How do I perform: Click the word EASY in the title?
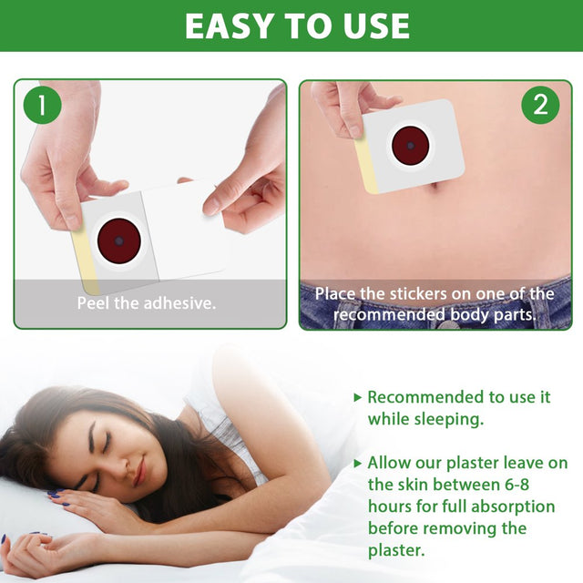[x=230, y=26]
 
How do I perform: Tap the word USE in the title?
[x=370, y=26]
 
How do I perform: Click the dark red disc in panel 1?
[x=118, y=241]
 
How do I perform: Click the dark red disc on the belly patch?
[x=411, y=146]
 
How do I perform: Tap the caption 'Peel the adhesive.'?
[x=147, y=302]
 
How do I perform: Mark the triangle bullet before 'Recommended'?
[x=357, y=397]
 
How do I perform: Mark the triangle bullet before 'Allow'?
[x=357, y=463]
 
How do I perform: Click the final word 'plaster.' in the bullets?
[x=397, y=550]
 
